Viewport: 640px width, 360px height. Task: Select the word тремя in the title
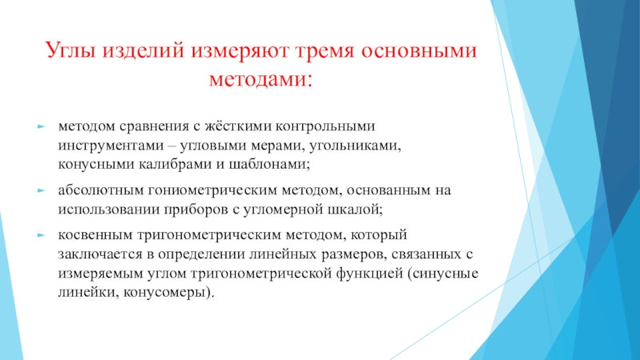coord(325,51)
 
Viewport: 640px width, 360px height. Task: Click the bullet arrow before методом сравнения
coord(41,127)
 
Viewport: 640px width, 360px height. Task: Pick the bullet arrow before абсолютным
coord(41,190)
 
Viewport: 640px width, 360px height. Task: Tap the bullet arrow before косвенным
coord(41,235)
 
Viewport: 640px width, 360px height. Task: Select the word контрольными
coord(325,126)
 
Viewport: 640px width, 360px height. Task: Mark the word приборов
coord(196,210)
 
